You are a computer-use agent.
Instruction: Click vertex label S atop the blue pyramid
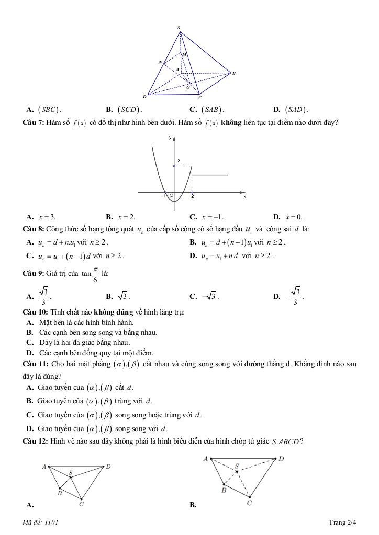[179, 27]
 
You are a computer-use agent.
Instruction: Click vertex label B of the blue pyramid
[233, 74]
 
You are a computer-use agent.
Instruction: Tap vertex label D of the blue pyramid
[144, 97]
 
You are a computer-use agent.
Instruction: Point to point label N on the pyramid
[160, 62]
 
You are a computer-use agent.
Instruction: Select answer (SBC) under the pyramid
[49, 110]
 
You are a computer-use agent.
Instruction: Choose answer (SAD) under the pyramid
[296, 110]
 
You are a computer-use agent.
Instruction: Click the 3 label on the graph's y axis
[179, 161]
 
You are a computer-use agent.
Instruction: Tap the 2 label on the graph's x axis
[192, 197]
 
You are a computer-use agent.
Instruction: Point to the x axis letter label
[244, 197]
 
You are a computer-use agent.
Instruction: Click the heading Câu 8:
[33, 229]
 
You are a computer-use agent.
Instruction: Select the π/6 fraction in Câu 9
[95, 274]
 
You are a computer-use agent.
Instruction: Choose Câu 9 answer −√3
[211, 296]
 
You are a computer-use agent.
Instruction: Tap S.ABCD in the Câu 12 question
[286, 441]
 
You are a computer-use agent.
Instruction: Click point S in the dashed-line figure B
[237, 466]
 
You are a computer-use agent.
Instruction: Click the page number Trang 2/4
[342, 522]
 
